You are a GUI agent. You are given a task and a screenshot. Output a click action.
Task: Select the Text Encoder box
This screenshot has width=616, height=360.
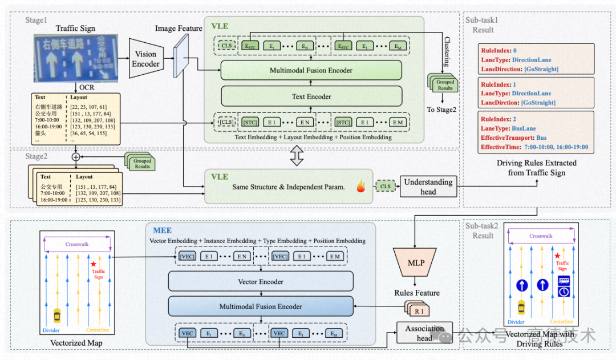[x=311, y=96]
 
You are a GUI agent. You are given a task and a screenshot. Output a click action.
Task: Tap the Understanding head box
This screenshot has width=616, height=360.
[x=428, y=187]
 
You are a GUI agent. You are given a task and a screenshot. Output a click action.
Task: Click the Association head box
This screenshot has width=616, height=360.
[x=424, y=333]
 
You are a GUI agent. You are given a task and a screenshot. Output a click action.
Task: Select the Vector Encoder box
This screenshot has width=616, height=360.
[x=261, y=281]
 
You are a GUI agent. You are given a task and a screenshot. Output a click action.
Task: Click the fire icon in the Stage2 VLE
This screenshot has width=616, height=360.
[x=360, y=186]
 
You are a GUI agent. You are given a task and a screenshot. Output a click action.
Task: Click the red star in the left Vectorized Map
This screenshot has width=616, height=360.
[x=93, y=265]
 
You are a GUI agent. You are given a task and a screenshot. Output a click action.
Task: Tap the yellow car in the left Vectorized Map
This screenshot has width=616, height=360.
[x=57, y=315]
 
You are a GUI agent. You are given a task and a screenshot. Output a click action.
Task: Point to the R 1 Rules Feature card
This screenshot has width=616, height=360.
[x=418, y=311]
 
